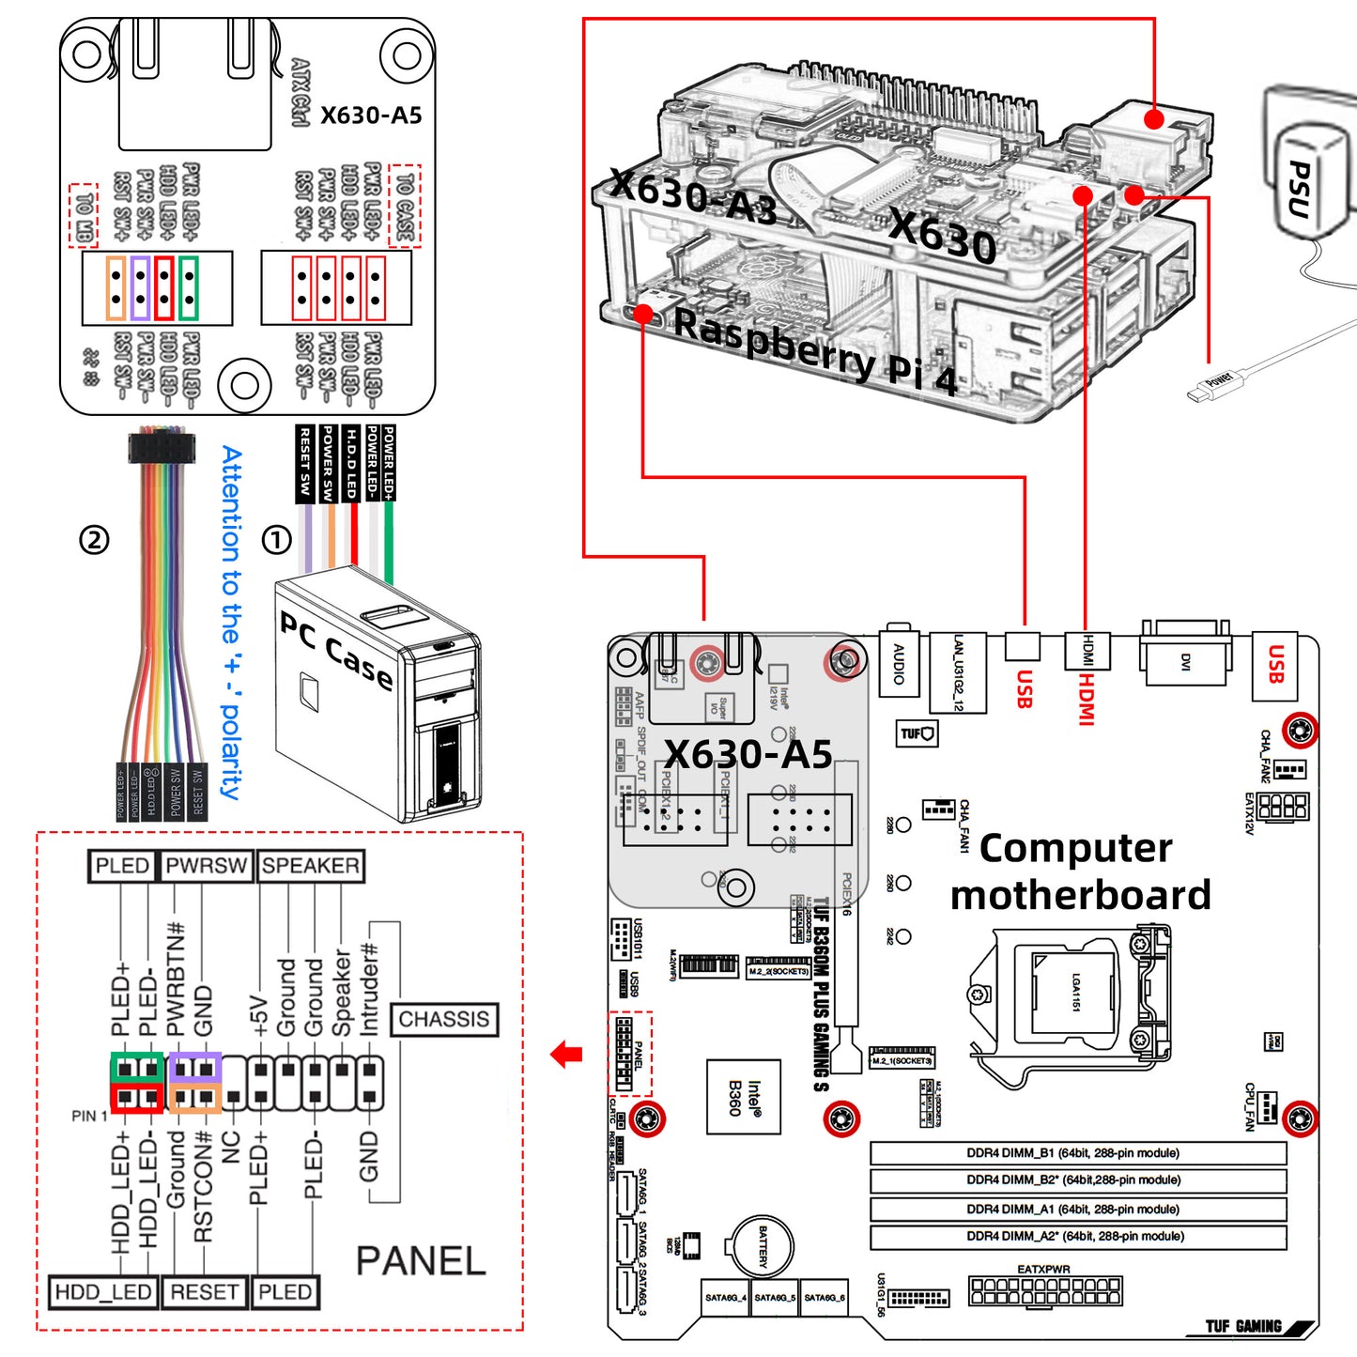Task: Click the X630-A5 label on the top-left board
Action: click(x=371, y=116)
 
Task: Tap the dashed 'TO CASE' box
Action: click(x=405, y=206)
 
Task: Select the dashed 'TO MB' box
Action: click(x=84, y=215)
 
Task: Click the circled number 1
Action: click(x=276, y=539)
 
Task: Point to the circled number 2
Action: click(x=94, y=539)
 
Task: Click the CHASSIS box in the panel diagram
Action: click(x=444, y=1020)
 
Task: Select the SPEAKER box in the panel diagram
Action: click(x=310, y=866)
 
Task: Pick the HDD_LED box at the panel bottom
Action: click(x=103, y=1292)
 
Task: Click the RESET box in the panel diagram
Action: click(x=204, y=1292)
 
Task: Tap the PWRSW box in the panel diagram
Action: click(x=206, y=866)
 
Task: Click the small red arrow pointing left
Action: click(x=566, y=1055)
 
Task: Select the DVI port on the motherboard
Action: click(x=1185, y=660)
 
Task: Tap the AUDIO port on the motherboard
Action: click(x=899, y=664)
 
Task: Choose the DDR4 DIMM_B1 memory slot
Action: click(x=1078, y=1153)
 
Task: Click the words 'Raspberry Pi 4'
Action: click(x=815, y=353)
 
